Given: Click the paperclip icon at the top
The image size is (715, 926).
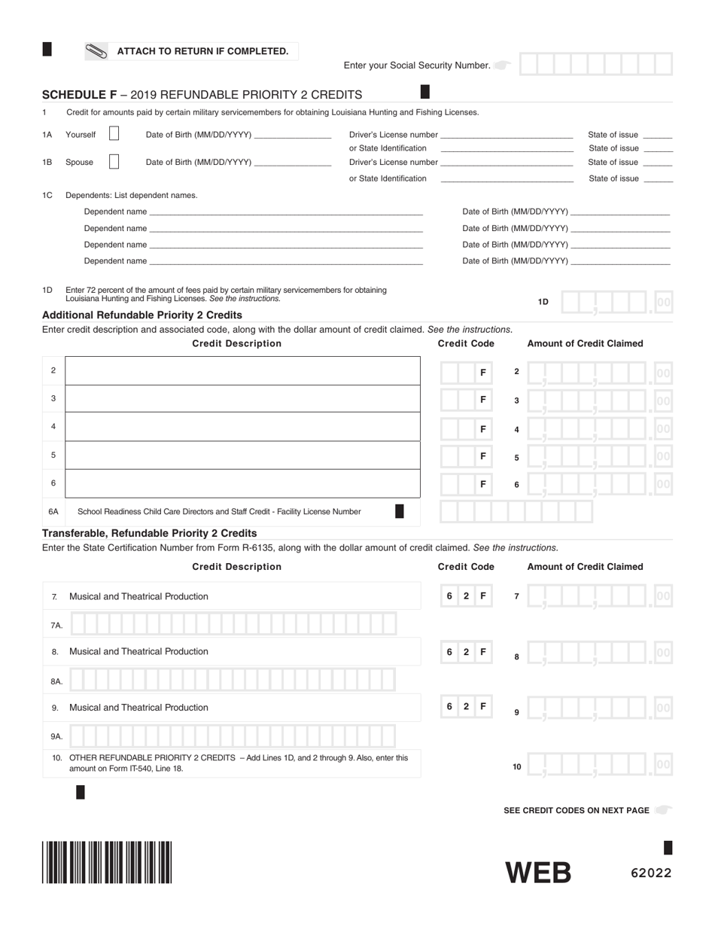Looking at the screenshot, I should tap(96, 52).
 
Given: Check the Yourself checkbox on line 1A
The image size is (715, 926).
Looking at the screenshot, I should tap(114, 134).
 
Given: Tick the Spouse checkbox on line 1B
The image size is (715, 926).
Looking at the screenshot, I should tap(114, 162).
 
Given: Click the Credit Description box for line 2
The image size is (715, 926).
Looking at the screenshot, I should tap(242, 370).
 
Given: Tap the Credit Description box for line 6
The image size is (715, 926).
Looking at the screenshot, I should tap(242, 483).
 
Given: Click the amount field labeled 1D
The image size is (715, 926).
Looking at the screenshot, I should tap(616, 302).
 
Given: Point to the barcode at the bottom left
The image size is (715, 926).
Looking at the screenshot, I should tap(107, 862).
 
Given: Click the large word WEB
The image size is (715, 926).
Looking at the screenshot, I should tap(538, 873).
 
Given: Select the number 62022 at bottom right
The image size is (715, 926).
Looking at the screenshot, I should tap(651, 873).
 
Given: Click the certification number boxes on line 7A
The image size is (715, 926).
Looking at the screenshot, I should tap(233, 625).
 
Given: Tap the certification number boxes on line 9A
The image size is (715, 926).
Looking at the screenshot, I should tap(233, 736).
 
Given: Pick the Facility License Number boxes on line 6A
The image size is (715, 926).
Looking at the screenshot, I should tap(516, 512).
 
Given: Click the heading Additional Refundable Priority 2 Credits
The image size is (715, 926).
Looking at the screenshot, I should tap(142, 315).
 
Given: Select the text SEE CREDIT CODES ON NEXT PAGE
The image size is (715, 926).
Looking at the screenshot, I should tap(576, 810).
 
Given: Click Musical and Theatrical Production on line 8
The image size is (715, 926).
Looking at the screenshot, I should tap(138, 651).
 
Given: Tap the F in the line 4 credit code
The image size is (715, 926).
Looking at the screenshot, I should tap(483, 428).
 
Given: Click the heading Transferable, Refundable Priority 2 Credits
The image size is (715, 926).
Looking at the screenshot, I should tap(149, 533).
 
